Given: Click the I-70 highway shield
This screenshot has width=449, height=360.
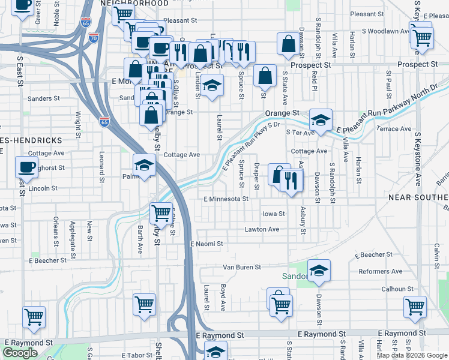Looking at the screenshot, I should click(x=93, y=37).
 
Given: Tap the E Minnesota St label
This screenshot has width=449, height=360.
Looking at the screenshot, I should click(x=226, y=199).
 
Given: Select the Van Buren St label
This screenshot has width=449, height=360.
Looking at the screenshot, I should click(x=242, y=267).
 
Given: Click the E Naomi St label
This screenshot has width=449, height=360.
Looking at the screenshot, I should click(x=206, y=244).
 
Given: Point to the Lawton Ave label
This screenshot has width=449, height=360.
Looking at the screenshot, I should click(x=262, y=229).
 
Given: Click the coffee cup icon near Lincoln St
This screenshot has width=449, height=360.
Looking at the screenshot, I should click(x=25, y=167).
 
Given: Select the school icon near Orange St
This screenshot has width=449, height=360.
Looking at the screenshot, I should click(x=321, y=119).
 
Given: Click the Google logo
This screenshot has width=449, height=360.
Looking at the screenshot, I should click(x=20, y=353).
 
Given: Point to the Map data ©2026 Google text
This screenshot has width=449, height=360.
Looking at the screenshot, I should click(x=412, y=355).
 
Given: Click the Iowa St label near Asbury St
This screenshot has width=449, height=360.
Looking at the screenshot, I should click(x=273, y=214).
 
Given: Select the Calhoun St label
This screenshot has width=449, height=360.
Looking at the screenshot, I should click(x=397, y=289).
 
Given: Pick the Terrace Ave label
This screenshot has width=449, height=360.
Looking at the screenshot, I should click(x=394, y=129).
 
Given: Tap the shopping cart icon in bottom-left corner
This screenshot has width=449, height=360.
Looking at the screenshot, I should click(x=34, y=317).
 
